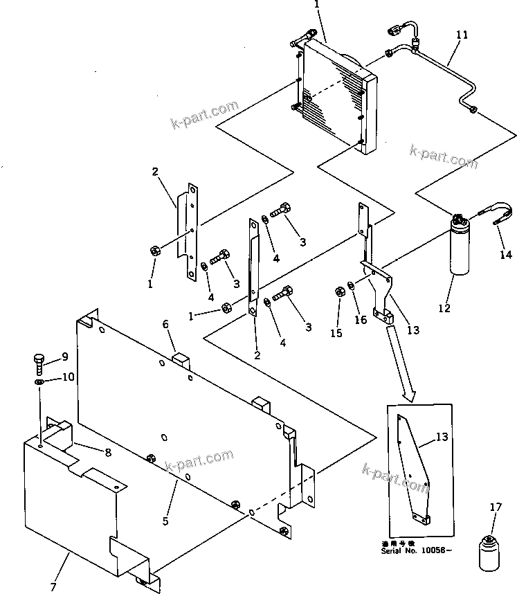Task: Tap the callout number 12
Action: click(x=444, y=307)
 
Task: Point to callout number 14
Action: click(x=507, y=255)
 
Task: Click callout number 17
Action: click(x=495, y=507)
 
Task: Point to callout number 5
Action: click(x=165, y=521)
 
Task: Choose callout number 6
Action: click(x=165, y=324)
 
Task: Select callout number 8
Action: click(x=107, y=452)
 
